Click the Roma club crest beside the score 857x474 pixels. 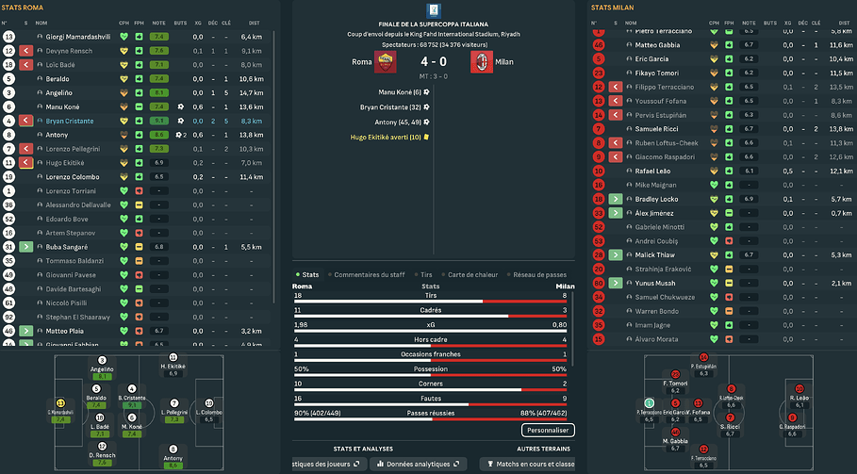click(386, 62)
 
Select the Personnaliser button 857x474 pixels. click(547, 430)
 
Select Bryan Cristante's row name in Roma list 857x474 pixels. click(71, 121)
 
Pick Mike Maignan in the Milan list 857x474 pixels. click(656, 186)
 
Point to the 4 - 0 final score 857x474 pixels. click(433, 62)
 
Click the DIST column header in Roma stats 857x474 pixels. click(252, 22)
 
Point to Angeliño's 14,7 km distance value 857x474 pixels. click(251, 93)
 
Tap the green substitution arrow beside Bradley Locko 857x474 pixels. click(615, 200)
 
